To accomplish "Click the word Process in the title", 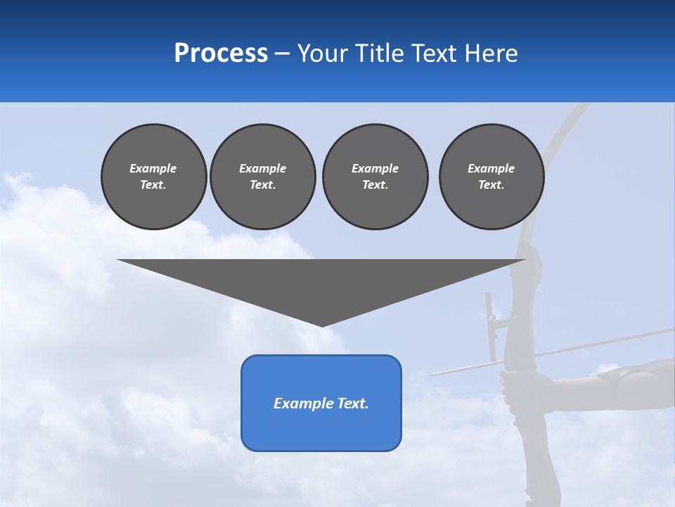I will (221, 53).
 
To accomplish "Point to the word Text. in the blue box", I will (352, 403).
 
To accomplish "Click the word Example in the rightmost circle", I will (491, 168).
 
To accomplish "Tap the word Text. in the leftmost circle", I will (153, 184).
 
